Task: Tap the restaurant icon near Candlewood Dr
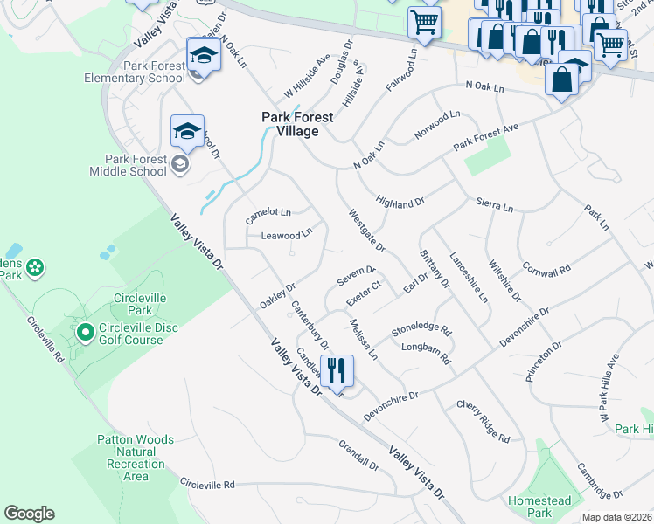point(337,370)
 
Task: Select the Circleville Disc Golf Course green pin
point(85,332)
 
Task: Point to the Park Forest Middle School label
point(135,165)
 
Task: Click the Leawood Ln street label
point(287,235)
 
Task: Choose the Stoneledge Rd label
point(421,330)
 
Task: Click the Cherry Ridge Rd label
point(483,420)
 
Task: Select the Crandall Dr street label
point(358,454)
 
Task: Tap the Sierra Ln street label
point(494,205)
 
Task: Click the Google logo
point(29,514)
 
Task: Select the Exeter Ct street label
point(364,293)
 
